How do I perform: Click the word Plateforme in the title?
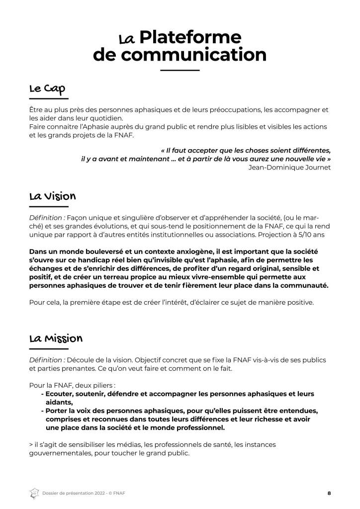(190, 37)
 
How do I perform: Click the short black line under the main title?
(180, 71)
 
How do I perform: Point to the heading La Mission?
(55, 339)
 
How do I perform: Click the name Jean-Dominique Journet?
(289, 167)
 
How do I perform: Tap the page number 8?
(329, 493)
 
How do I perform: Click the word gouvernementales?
(62, 453)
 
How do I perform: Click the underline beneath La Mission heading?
(49, 349)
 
